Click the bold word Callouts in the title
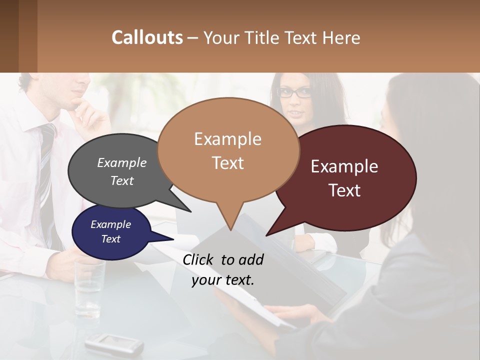[x=147, y=37]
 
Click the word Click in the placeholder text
[x=199, y=259]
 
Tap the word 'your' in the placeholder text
[x=205, y=280]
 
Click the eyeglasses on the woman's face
[x=294, y=92]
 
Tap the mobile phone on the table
[x=114, y=343]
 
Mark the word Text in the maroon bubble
[x=344, y=190]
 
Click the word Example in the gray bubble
[x=121, y=162]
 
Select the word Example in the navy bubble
[x=110, y=224]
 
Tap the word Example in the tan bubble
[x=227, y=139]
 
